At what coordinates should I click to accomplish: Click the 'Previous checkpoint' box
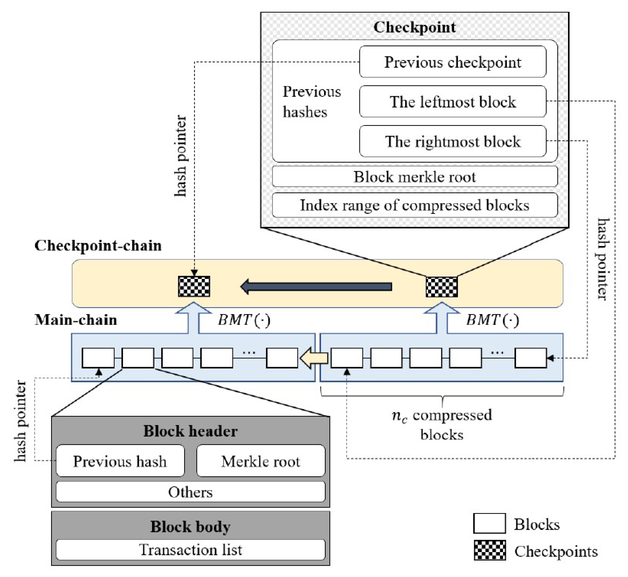click(x=452, y=62)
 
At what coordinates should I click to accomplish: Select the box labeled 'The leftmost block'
click(x=452, y=102)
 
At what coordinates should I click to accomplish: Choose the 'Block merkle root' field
click(x=415, y=177)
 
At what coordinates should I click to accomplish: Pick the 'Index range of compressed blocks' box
click(x=415, y=205)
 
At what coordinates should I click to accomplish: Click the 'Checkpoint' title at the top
click(x=415, y=27)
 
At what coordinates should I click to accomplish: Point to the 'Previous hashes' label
click(x=311, y=102)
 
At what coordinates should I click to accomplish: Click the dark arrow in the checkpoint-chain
click(x=316, y=287)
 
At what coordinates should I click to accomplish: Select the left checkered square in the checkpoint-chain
click(x=194, y=286)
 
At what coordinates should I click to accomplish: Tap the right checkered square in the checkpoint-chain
click(x=442, y=287)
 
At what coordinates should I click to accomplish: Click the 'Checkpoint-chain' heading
click(x=98, y=246)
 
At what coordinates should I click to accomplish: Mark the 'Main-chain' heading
click(x=76, y=320)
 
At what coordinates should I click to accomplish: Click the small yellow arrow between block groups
click(x=314, y=358)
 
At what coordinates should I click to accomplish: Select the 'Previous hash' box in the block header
click(x=120, y=461)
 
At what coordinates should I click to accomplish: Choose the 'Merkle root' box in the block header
click(x=261, y=461)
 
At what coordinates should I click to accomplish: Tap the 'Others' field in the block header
click(x=190, y=492)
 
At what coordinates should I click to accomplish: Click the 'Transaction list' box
click(x=190, y=550)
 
